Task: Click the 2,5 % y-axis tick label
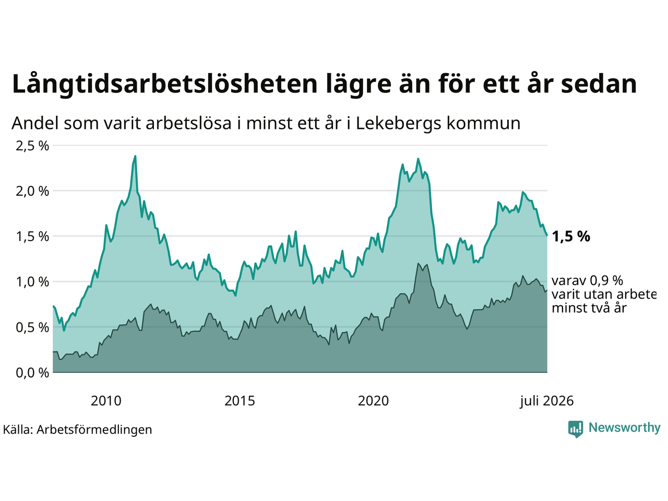point(32,146)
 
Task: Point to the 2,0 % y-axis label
point(32,192)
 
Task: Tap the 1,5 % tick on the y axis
point(32,236)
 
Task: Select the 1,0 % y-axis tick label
point(32,282)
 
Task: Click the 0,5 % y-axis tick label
point(32,328)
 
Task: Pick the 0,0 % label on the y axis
point(32,373)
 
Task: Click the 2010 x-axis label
point(106,401)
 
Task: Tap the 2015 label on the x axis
point(240,401)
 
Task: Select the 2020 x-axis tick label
point(373,401)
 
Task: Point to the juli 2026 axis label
point(546,401)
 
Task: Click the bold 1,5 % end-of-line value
point(571,236)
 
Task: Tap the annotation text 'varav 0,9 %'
point(587,281)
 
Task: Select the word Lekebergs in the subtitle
point(398,124)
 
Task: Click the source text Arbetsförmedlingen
point(94,430)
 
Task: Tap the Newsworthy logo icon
point(576,429)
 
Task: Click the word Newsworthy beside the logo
point(625,428)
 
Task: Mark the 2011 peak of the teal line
point(135,156)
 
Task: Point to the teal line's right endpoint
point(547,235)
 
